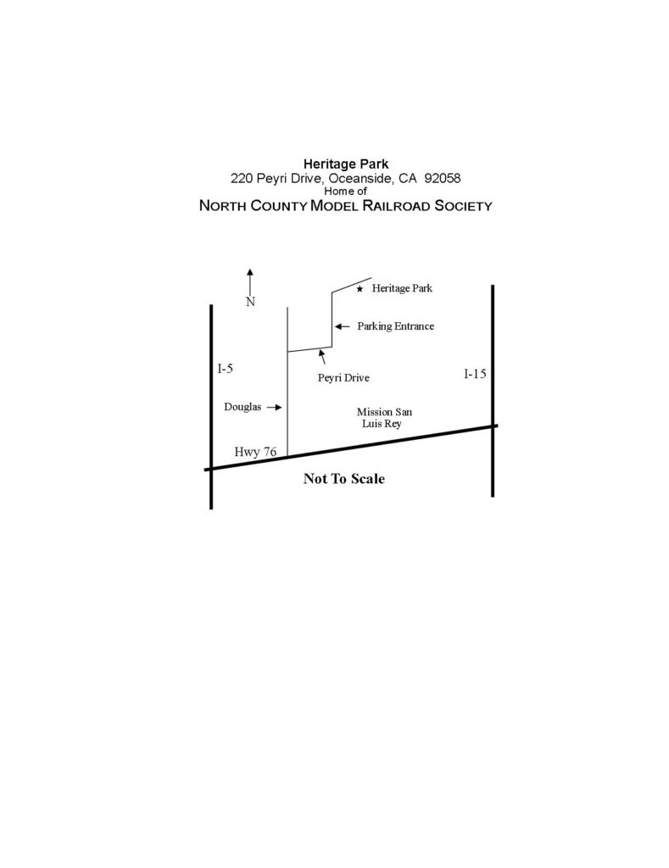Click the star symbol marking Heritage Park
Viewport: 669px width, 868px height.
pyautogui.click(x=360, y=290)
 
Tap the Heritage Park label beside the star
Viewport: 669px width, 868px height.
pyautogui.click(x=402, y=289)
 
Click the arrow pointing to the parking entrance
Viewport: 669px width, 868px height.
pyautogui.click(x=341, y=325)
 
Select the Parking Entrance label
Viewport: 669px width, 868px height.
pyautogui.click(x=395, y=325)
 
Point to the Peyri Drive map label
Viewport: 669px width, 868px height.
pyautogui.click(x=343, y=378)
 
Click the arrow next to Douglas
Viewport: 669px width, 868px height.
pyautogui.click(x=273, y=408)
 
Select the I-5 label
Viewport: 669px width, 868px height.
pyautogui.click(x=225, y=369)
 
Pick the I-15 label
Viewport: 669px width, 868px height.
pyautogui.click(x=475, y=374)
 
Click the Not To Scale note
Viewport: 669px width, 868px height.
pyautogui.click(x=344, y=479)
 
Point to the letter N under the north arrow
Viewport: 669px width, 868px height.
pyautogui.click(x=250, y=302)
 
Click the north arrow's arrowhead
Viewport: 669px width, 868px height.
pyautogui.click(x=250, y=272)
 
